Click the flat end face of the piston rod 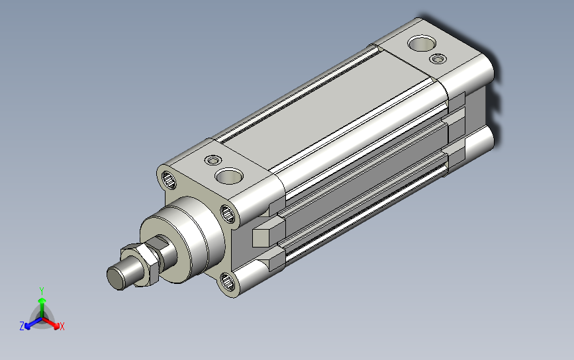115,278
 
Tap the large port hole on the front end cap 229,176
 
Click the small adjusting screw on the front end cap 213,160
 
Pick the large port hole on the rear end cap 422,43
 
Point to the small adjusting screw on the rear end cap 438,58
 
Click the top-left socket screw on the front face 168,180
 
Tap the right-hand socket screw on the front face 228,213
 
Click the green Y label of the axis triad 42,291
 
